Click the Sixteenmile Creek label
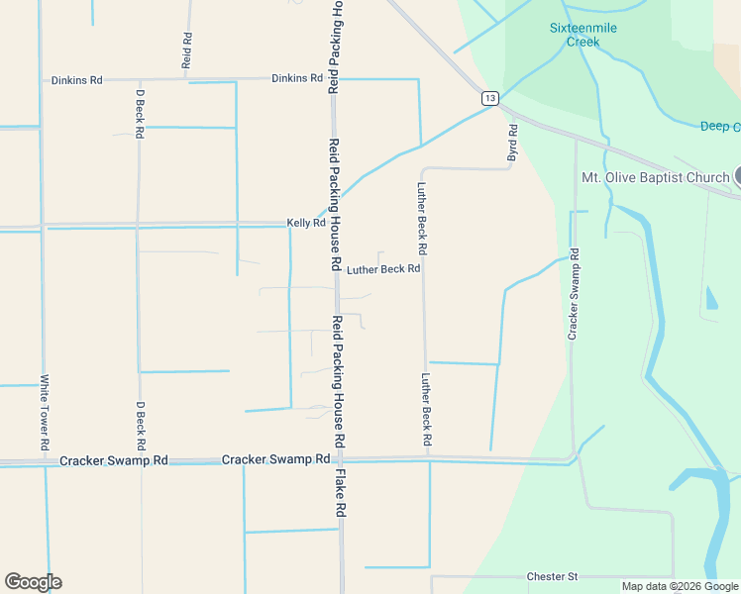pyautogui.click(x=583, y=35)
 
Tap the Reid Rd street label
pyautogui.click(x=186, y=49)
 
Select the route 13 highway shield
pyautogui.click(x=489, y=98)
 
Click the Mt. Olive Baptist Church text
pyautogui.click(x=655, y=178)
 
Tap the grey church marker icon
pyautogui.click(x=736, y=176)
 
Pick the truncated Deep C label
pyautogui.click(x=720, y=127)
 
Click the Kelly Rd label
pyautogui.click(x=306, y=224)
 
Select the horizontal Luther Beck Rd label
pyautogui.click(x=384, y=268)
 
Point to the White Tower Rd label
pyautogui.click(x=45, y=412)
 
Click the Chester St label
pyautogui.click(x=552, y=576)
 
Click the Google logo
pyautogui.click(x=33, y=582)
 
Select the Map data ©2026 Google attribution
pyautogui.click(x=680, y=586)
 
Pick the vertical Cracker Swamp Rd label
pyautogui.click(x=573, y=295)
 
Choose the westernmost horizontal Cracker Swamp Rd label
pyautogui.click(x=114, y=461)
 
